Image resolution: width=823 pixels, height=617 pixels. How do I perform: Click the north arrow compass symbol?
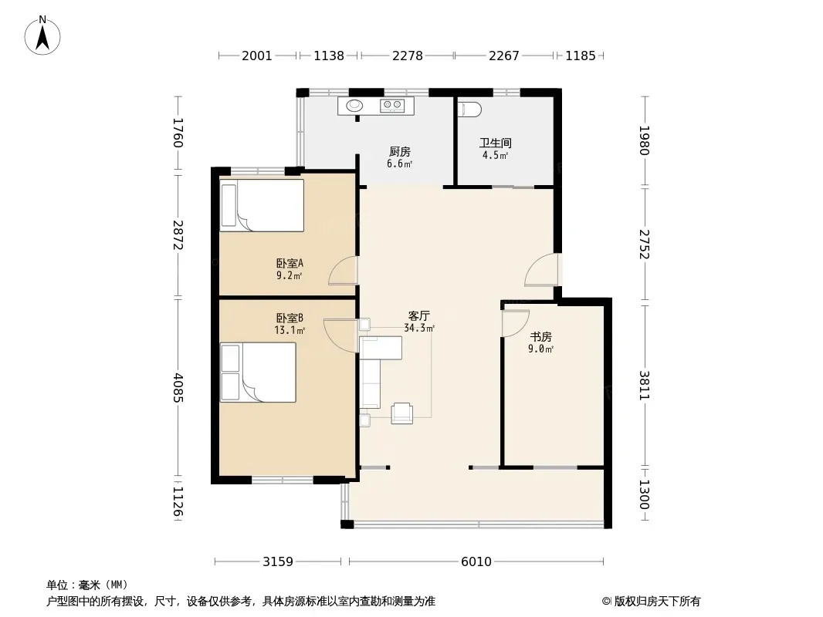42,35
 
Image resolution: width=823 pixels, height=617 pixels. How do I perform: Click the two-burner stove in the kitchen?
392,105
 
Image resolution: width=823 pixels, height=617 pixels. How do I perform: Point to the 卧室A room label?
290,263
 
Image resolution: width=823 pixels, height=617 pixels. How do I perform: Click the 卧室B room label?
290,319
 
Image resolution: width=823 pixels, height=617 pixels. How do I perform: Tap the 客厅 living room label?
419,315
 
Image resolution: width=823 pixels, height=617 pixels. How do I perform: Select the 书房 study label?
540,336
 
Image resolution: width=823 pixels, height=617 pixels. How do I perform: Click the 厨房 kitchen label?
399,151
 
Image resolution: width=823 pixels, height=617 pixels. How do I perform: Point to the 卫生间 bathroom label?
496,143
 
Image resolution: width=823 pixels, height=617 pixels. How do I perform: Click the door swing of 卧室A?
343,271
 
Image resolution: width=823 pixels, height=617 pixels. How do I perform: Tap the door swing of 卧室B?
341,336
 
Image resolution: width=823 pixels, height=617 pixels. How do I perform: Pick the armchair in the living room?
401,413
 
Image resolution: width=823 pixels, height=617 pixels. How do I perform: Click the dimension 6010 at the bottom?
476,561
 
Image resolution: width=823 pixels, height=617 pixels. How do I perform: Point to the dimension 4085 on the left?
178,387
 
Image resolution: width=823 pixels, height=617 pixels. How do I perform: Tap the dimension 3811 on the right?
645,386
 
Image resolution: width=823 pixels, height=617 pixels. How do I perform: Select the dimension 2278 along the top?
408,55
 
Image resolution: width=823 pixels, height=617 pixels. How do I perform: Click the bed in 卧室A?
262,205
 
